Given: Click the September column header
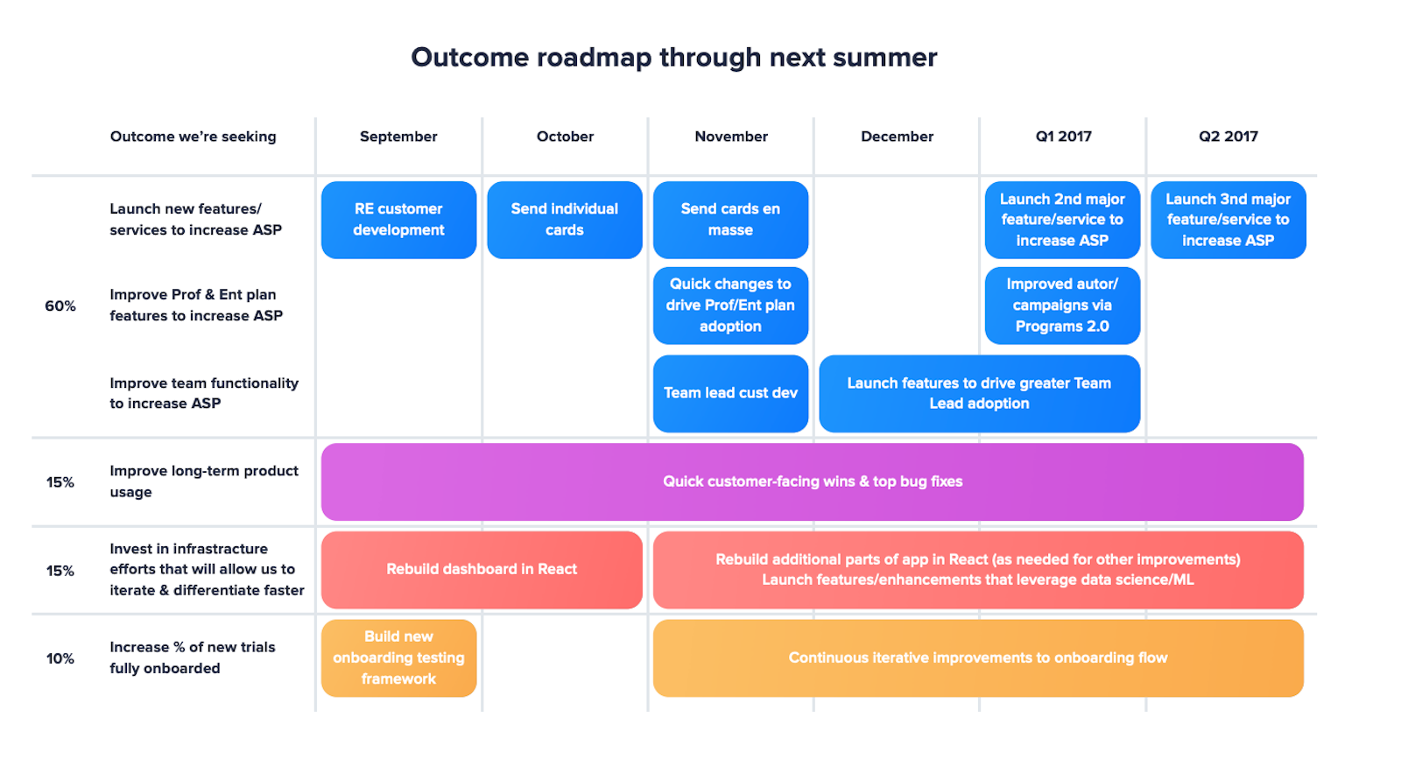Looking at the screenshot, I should click(x=398, y=137).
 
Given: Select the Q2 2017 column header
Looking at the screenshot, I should click(x=1228, y=137).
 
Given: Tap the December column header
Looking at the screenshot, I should click(x=897, y=137).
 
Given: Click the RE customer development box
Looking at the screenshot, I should click(x=398, y=220).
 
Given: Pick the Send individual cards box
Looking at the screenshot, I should click(x=564, y=220).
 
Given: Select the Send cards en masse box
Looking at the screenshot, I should click(x=730, y=220).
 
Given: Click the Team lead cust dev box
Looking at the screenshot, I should click(x=730, y=393).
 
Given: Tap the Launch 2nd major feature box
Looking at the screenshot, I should click(x=1062, y=220).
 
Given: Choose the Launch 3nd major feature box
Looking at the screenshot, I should click(x=1228, y=220).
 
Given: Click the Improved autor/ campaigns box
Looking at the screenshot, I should click(x=1062, y=306).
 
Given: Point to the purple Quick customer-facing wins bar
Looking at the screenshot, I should click(x=812, y=481).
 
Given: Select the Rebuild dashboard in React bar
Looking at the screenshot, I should click(x=482, y=569).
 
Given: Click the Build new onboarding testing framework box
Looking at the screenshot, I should click(x=398, y=657).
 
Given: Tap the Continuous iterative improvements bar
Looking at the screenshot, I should click(x=977, y=657).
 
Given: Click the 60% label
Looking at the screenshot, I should click(x=60, y=306).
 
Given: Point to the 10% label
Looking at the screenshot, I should click(x=60, y=658).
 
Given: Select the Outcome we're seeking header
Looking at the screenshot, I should click(x=193, y=137).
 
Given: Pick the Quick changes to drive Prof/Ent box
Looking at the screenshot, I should click(x=730, y=306).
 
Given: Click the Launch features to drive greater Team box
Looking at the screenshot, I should click(x=979, y=393).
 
